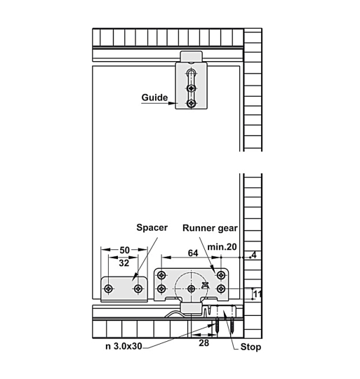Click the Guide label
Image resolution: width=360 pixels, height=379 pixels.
tap(154, 98)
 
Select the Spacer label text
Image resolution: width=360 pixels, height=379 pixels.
tap(152, 227)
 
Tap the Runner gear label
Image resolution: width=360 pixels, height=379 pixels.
tap(210, 228)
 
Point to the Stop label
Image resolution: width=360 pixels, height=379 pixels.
tap(251, 347)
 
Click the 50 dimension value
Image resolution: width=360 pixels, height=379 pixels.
tap(124, 250)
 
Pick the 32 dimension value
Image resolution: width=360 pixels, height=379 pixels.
tap(124, 263)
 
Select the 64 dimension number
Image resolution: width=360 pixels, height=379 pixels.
tap(193, 253)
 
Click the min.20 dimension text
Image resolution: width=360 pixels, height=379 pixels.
tap(222, 247)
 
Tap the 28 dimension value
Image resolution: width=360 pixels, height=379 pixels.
tap(204, 343)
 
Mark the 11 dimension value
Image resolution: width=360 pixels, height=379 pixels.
tap(258, 294)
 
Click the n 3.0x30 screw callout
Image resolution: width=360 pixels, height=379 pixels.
tap(124, 347)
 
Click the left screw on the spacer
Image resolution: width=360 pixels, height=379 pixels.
tap(109, 288)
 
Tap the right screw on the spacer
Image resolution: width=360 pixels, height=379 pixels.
tap(138, 288)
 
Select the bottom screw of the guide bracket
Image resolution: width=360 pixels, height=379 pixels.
tap(192, 104)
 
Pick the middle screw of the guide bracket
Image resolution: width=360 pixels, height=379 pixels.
tap(192, 88)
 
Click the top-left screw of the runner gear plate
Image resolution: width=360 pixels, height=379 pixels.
tap(161, 275)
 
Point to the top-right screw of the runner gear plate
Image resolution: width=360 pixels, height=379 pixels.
tap(220, 275)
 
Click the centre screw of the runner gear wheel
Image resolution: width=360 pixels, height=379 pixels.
tap(192, 288)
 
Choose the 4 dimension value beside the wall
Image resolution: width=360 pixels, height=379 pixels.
tap(254, 255)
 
